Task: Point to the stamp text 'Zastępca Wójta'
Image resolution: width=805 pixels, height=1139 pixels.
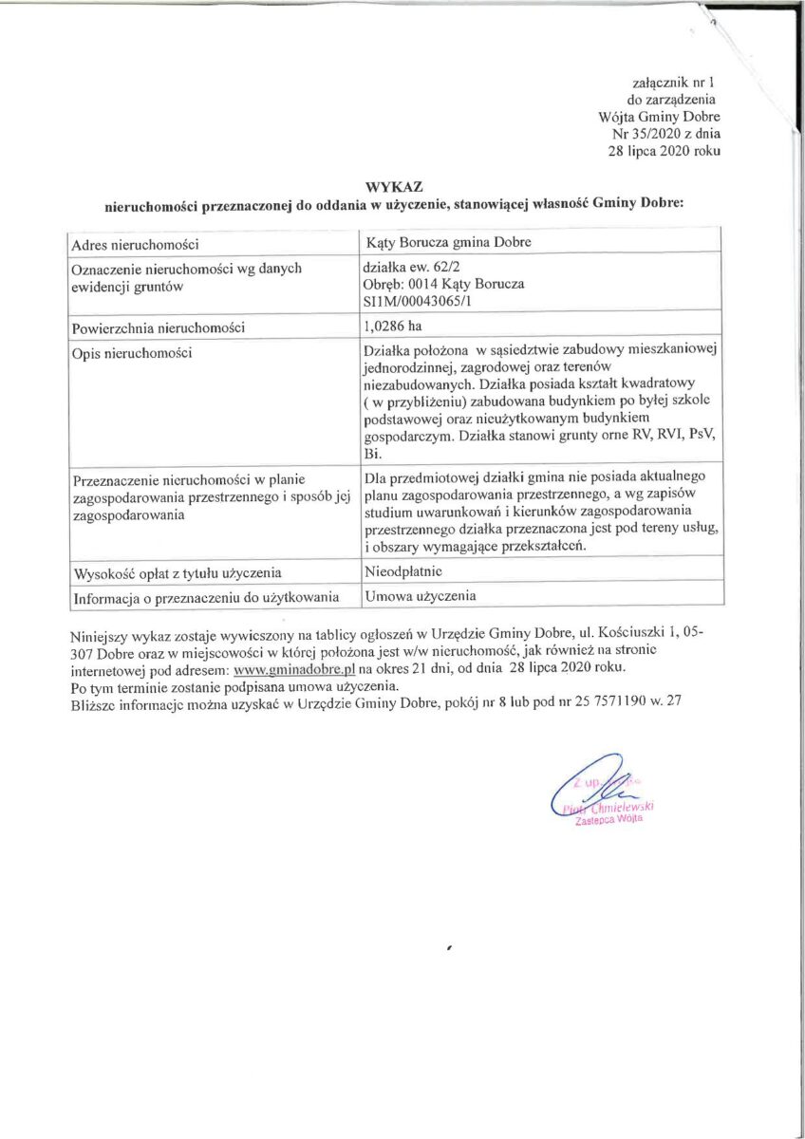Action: [x=609, y=822]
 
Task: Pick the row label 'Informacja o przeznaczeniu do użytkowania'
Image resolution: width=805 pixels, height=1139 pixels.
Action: [x=205, y=597]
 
